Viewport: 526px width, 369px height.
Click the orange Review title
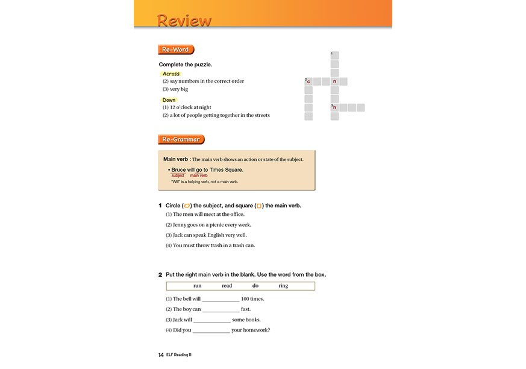click(184, 20)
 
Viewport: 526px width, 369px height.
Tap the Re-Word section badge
click(175, 49)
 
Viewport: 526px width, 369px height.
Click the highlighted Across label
click(171, 74)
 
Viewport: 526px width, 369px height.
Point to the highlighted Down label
click(169, 100)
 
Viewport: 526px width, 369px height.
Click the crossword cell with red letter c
click(308, 81)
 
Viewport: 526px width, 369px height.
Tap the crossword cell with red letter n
click(334, 81)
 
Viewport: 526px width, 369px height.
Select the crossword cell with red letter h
click(334, 107)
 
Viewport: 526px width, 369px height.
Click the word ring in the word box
click(283, 286)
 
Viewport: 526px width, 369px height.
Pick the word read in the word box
click(227, 286)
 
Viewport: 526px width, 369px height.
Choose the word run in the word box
click(198, 286)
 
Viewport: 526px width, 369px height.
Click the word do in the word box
click(255, 286)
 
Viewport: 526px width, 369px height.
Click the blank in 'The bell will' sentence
click(221, 299)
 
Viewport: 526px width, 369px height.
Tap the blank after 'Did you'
click(211, 330)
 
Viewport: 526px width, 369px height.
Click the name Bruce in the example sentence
click(179, 170)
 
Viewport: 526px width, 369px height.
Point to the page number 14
click(161, 355)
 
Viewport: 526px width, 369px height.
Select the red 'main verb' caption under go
click(199, 175)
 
